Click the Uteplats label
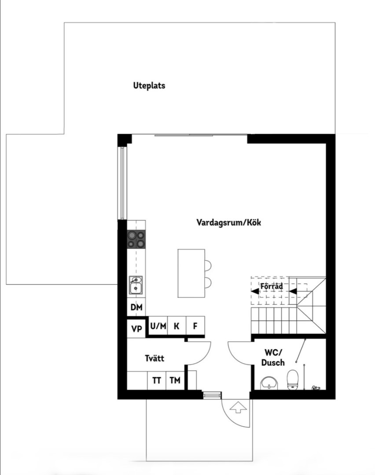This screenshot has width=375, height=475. tap(149, 86)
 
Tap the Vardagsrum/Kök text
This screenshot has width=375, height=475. tap(228, 223)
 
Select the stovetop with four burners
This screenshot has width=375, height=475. tap(136, 239)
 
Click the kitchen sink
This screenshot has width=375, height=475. tap(136, 285)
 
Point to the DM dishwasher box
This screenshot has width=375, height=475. tap(136, 307)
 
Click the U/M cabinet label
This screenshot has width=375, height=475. tap(158, 326)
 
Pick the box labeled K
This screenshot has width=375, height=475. tap(176, 326)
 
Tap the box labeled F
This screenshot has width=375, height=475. tap(195, 326)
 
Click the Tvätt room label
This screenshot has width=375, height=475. tap(154, 358)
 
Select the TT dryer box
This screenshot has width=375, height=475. tap(157, 380)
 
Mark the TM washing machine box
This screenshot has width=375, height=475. tap(175, 380)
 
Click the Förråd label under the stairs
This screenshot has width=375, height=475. tap(271, 286)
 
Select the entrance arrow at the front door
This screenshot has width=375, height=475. tap(239, 407)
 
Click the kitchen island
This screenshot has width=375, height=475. tap(191, 273)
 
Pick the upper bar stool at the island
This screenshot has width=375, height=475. tap(208, 265)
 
